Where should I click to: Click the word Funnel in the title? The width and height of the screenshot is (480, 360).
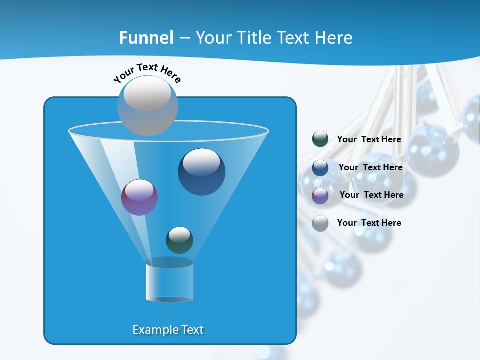(146, 38)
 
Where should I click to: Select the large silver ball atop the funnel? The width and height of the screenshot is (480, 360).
(147, 105)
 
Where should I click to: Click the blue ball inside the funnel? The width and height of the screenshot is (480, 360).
(201, 172)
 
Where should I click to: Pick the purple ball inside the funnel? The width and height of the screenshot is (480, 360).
(139, 197)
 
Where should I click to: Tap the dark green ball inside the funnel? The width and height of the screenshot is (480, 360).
(179, 240)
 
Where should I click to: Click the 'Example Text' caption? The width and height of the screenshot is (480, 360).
(168, 330)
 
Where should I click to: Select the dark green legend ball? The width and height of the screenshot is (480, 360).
(320, 139)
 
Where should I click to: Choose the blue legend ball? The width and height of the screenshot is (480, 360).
(320, 168)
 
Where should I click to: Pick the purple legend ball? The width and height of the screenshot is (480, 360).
(320, 196)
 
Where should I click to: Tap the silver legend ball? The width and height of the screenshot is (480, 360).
(320, 223)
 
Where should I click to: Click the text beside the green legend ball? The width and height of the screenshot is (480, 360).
(369, 140)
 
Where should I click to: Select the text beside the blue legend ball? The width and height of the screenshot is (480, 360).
(370, 168)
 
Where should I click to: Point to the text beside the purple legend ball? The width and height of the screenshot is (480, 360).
(371, 195)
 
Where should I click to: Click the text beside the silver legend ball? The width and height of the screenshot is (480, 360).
(369, 223)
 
